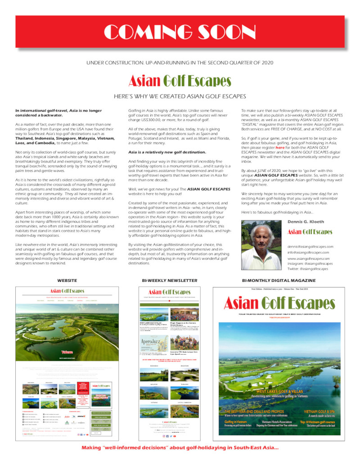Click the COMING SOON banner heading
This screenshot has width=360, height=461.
coord(180,32)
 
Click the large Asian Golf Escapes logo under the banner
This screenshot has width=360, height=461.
coord(180,81)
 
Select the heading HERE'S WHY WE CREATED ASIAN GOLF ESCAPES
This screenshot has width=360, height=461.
coord(180,96)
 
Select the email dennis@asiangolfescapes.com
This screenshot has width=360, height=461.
coord(310,247)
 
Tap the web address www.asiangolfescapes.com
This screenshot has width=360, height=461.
coord(308,259)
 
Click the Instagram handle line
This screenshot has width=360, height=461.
coord(311,264)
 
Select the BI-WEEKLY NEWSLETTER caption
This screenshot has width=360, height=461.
coord(170,280)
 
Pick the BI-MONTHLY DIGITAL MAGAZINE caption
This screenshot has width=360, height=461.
coord(279,280)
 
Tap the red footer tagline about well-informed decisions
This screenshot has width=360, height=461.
coord(180,447)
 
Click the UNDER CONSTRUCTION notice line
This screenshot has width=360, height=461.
coord(180,62)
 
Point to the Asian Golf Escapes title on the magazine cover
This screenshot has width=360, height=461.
coord(279,303)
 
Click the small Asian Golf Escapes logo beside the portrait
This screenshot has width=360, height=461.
coord(310,232)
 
